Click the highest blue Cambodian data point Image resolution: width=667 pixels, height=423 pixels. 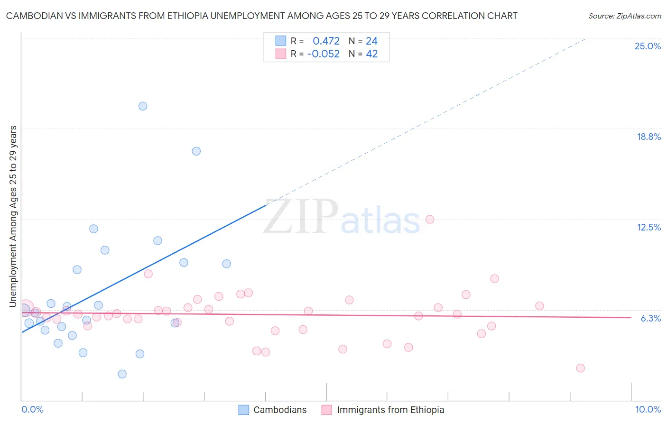click(143, 106)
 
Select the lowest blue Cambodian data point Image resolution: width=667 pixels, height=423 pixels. click(122, 374)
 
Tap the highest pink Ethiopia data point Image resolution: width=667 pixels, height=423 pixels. click(430, 219)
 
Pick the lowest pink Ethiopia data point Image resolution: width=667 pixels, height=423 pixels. click(580, 368)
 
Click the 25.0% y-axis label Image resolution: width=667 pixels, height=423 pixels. click(648, 46)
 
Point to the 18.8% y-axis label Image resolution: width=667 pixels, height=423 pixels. click(648, 137)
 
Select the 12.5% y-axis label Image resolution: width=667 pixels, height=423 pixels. click(648, 227)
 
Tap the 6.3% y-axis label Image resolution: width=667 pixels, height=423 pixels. click(650, 318)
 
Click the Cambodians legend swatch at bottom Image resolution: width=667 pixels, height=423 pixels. click(243, 410)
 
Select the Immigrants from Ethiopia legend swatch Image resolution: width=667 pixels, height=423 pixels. click(326, 410)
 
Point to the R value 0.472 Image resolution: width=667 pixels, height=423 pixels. click(326, 41)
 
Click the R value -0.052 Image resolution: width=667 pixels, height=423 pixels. click(324, 54)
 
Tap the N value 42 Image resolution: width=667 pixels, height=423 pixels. click(371, 54)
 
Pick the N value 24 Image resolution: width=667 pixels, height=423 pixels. click(371, 41)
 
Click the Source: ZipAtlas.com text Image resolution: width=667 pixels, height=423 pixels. click(624, 16)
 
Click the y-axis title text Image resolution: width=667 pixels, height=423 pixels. click(13, 216)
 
